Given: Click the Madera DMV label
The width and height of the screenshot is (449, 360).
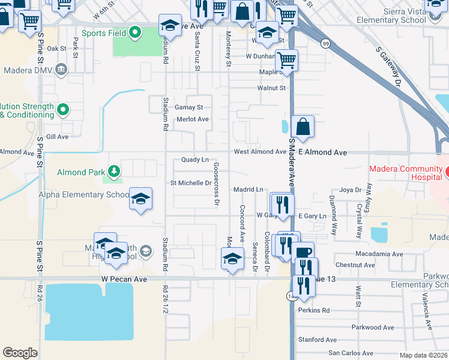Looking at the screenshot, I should tap(28, 70).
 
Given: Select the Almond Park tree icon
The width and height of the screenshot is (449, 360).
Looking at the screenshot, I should tap(113, 172).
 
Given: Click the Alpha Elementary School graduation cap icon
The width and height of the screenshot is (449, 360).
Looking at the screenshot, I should tap(140, 199).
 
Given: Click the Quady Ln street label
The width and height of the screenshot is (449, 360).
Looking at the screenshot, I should tap(195, 160).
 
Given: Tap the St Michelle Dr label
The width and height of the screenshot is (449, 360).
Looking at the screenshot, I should tap(191, 182).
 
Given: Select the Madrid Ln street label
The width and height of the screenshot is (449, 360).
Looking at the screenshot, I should tap(249, 189).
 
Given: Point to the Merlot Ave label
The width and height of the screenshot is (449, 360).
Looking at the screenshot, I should tap(193, 119).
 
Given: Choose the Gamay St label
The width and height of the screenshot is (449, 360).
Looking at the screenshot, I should tap(189, 107).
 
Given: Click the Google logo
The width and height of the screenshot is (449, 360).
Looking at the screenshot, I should tap(20, 353).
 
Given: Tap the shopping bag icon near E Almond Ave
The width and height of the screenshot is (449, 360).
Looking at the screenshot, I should tap(303, 127).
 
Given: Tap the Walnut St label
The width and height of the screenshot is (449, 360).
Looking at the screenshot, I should tap(271, 88).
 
